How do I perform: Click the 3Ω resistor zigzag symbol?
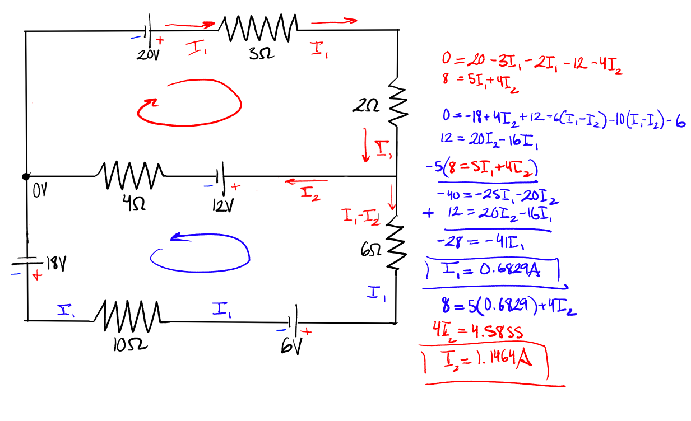257,28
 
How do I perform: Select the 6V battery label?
291,347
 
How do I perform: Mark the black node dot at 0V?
26,176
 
